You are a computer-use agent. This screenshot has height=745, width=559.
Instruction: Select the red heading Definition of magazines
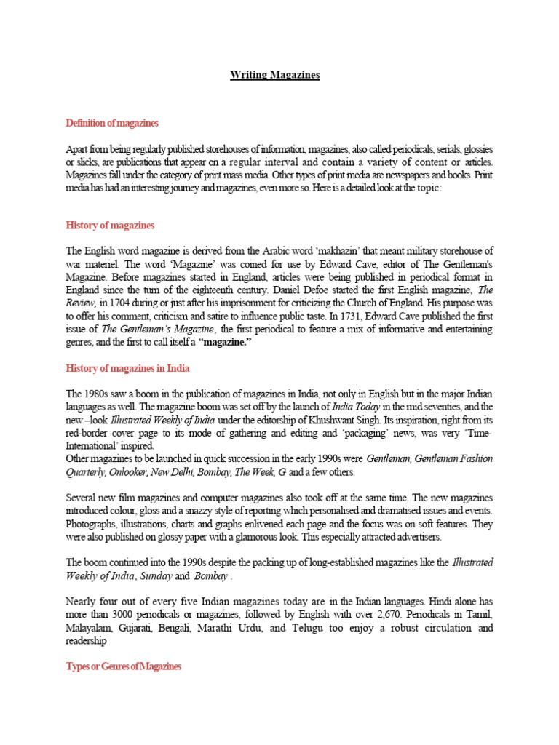click(x=112, y=122)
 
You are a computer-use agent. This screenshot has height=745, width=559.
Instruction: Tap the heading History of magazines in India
click(x=128, y=369)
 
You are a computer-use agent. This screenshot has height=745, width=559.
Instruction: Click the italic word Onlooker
click(x=127, y=472)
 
